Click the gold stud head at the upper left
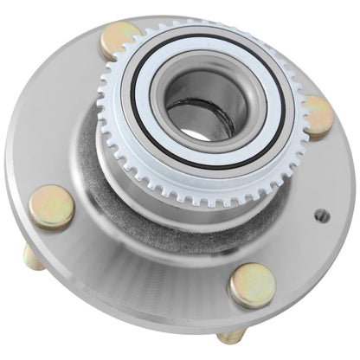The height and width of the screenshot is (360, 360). point(119,41)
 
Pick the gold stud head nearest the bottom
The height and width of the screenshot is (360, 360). point(251,286)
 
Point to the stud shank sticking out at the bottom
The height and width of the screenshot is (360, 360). point(231,335)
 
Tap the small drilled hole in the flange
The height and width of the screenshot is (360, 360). point(321,215)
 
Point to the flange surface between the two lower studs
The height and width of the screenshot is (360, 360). point(147,277)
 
